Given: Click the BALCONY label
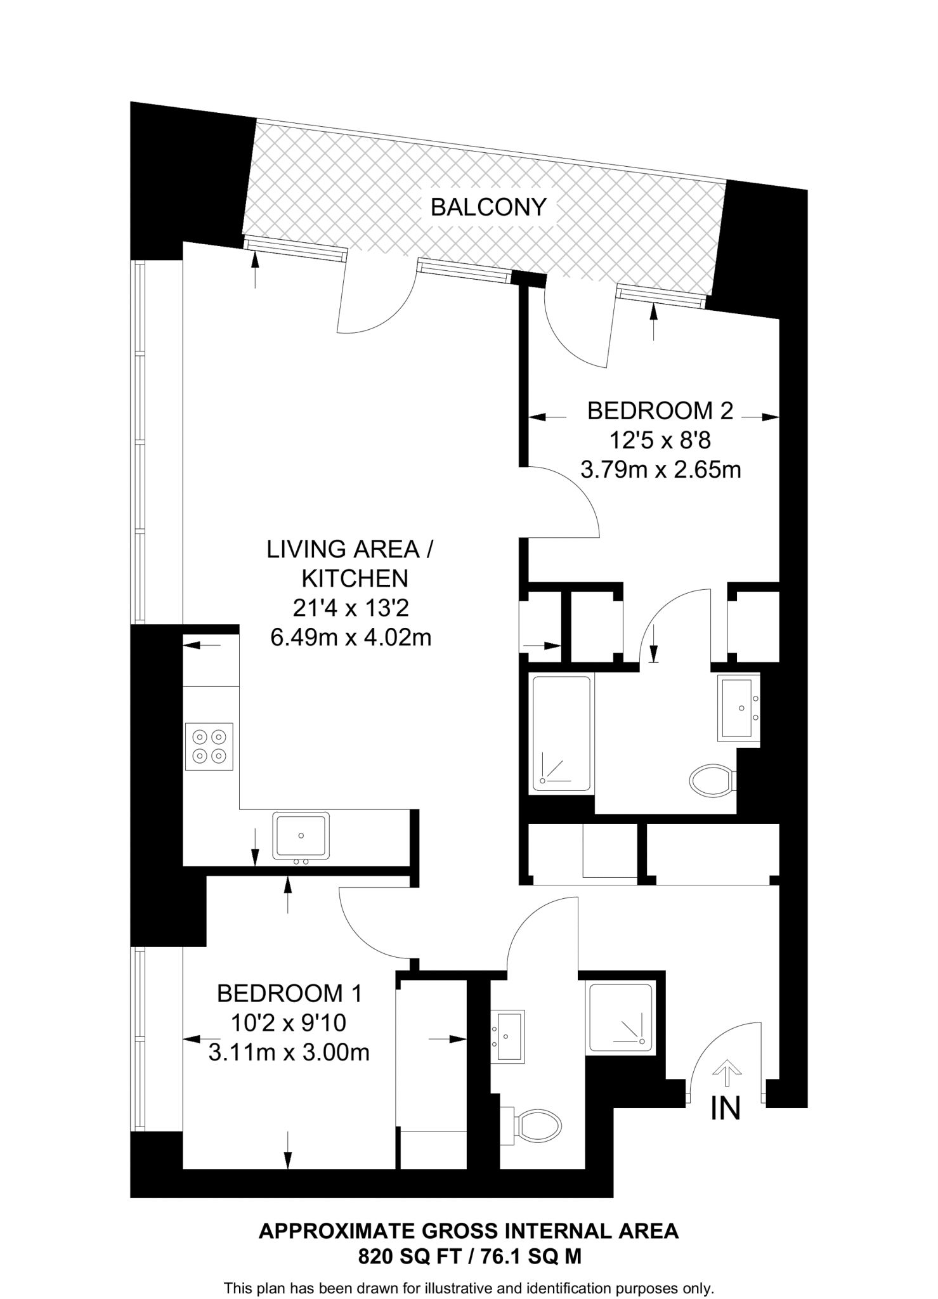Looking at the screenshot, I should click(488, 207).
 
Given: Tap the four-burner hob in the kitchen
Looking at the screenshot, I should click(209, 747).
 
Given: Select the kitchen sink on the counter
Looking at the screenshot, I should click(301, 835).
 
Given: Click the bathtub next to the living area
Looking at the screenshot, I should click(561, 734).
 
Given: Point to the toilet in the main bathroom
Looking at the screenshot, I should click(712, 781).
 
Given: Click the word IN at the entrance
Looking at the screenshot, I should click(726, 1108).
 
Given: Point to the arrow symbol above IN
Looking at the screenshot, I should click(727, 1072).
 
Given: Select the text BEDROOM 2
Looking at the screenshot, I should click(660, 411).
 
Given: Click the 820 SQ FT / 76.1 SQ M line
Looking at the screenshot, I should click(469, 1257).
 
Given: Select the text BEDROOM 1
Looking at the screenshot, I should click(289, 993).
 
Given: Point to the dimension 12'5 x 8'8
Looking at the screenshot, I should click(660, 440).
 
